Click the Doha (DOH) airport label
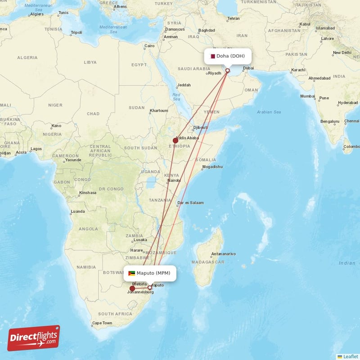pyautogui.click(x=227, y=56)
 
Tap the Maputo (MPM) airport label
pyautogui.click(x=150, y=273)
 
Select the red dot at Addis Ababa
pyautogui.click(x=175, y=140)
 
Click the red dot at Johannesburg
pyautogui.click(x=132, y=288)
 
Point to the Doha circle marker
pyautogui.click(x=227, y=71)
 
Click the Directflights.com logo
pyautogui.click(x=34, y=338)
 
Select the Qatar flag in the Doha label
pyautogui.click(x=212, y=56)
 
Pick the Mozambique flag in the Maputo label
pyautogui.click(x=131, y=273)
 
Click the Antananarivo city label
pyautogui.click(x=223, y=254)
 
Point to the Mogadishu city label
pyautogui.click(x=212, y=167)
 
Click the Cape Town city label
pyautogui.click(x=102, y=323)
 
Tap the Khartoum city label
pyautogui.click(x=159, y=111)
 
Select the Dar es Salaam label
pyautogui.click(x=191, y=202)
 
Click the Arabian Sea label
pyautogui.click(x=269, y=112)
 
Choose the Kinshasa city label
pyautogui.click(x=87, y=193)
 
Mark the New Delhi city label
pyautogui.click(x=342, y=53)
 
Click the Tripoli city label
pyautogui.click(x=76, y=32)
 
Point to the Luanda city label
pyautogui.click(x=77, y=211)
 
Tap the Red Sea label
pyautogui.click(x=176, y=97)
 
